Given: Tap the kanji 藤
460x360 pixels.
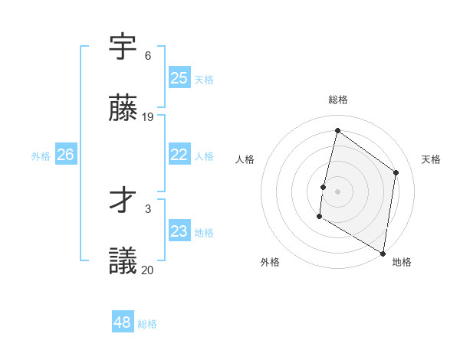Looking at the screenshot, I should (123, 109).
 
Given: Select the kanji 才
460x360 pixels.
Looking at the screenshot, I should (123, 201).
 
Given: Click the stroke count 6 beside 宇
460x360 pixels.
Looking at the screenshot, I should (148, 56).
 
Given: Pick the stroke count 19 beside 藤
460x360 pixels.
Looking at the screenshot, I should (148, 117).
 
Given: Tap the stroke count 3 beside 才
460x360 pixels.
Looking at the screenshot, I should (148, 208).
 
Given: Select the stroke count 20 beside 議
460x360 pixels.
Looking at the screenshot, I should (148, 270).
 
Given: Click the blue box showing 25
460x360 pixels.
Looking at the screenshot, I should (179, 78).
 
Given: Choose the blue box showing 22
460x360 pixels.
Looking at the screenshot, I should (179, 155).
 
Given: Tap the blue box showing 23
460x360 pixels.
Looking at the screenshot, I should (179, 231).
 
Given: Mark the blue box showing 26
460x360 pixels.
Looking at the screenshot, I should (65, 155).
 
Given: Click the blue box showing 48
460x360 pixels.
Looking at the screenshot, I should (123, 322).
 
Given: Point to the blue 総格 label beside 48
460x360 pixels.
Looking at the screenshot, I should (147, 324).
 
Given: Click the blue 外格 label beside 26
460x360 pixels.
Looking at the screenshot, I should (41, 156).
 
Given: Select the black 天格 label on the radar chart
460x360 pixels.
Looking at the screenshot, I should (431, 159).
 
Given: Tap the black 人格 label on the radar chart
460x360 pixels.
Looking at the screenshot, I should (245, 159).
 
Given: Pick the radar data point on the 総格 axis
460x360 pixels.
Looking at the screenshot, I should (337, 130).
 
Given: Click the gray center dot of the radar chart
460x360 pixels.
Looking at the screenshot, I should (337, 191).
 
